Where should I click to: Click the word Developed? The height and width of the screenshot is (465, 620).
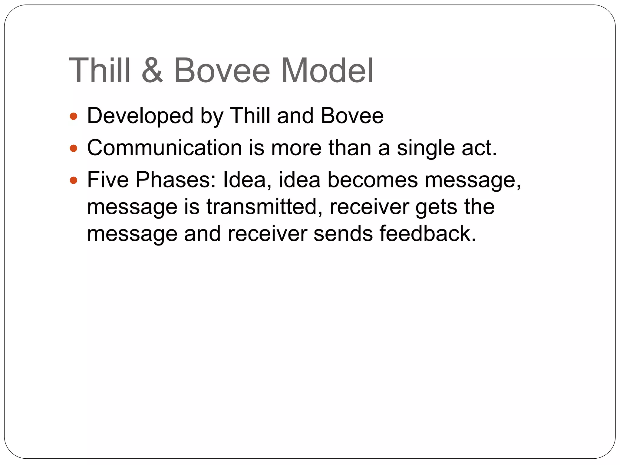click(140, 116)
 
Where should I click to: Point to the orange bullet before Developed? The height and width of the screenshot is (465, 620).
click(74, 116)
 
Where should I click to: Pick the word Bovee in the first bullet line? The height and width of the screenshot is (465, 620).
click(352, 116)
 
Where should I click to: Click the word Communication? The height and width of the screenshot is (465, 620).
click(164, 148)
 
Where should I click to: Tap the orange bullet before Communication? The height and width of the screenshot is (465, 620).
click(74, 148)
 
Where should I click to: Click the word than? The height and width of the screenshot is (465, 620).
click(350, 148)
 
